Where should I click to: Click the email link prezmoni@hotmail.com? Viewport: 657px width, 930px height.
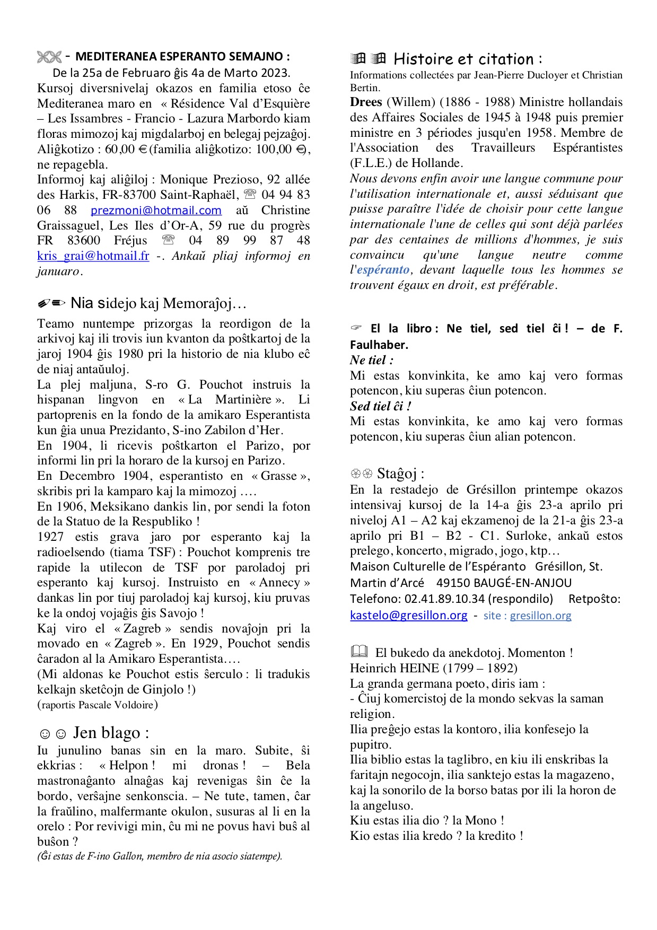(x=156, y=210)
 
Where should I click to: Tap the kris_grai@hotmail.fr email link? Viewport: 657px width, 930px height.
(x=93, y=256)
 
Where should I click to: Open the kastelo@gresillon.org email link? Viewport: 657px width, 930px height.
(x=408, y=615)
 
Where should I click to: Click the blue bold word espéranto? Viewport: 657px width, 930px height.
(x=383, y=270)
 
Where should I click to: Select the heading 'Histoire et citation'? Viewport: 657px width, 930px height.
(x=468, y=59)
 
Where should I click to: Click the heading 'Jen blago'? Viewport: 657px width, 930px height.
(x=110, y=733)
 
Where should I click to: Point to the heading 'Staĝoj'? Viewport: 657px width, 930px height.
(x=400, y=473)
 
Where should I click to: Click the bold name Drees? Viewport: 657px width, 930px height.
(x=366, y=102)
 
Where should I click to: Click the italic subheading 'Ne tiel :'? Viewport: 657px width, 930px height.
(x=371, y=360)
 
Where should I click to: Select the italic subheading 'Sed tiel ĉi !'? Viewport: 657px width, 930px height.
(x=380, y=406)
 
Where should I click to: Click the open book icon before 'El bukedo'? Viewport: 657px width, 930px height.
(x=359, y=652)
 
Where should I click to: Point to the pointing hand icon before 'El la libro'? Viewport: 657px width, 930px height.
(x=356, y=328)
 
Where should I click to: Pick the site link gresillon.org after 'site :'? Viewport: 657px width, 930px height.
(x=540, y=616)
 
